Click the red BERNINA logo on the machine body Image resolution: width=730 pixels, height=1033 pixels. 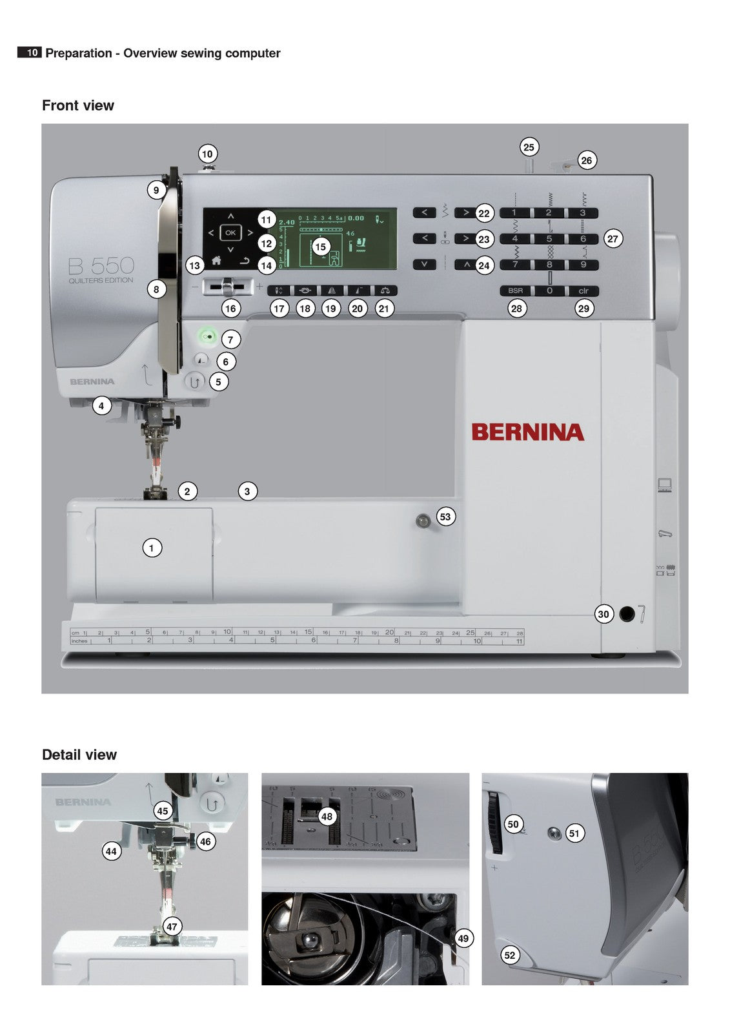click(x=527, y=432)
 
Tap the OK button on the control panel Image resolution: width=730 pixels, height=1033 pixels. click(x=230, y=232)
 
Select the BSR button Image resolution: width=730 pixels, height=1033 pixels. click(x=515, y=291)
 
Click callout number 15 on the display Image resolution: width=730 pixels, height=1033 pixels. click(x=321, y=247)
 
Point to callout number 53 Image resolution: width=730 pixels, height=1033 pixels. click(x=445, y=516)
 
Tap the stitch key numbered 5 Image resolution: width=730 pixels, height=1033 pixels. click(x=549, y=239)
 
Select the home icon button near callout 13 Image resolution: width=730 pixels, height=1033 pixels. click(x=216, y=261)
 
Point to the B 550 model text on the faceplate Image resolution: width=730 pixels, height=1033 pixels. click(x=101, y=266)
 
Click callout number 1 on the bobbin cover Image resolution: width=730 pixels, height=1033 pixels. click(x=152, y=548)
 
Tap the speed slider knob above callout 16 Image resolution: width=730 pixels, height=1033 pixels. click(x=227, y=285)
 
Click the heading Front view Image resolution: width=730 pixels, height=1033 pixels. click(x=78, y=105)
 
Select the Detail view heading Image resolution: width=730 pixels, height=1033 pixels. click(x=79, y=755)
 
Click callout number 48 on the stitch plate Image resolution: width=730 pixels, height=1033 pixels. click(x=327, y=816)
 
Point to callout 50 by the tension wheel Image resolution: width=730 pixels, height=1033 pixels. click(x=513, y=824)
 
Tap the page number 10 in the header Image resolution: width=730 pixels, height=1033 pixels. click(x=32, y=53)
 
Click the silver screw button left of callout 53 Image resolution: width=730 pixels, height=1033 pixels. click(x=422, y=518)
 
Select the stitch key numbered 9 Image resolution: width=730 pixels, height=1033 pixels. click(x=583, y=265)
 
